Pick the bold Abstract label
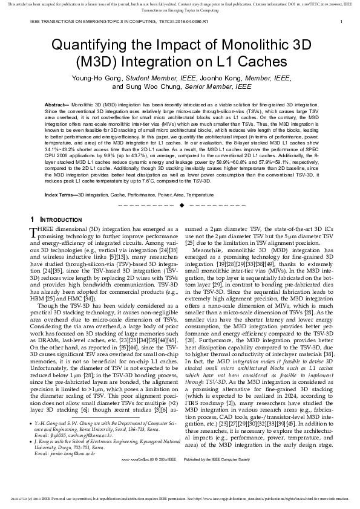point(56,105)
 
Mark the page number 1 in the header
point(341,22)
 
